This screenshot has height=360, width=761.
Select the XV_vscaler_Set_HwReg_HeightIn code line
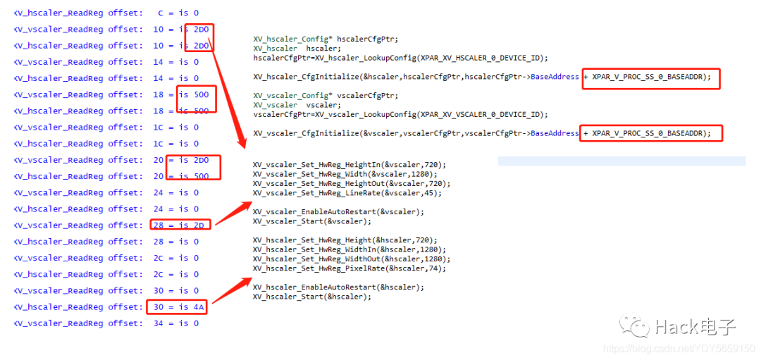tap(349, 164)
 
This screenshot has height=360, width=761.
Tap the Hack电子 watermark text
tap(695, 327)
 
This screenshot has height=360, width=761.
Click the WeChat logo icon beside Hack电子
tap(634, 326)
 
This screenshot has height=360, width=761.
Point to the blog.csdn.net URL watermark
tap(680, 349)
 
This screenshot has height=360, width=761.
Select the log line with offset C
tap(106, 13)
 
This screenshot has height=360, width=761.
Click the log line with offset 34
tap(106, 323)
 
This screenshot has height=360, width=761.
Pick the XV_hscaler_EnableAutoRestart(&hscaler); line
tap(339, 287)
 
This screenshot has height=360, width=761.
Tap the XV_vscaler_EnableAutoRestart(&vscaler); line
tap(339, 211)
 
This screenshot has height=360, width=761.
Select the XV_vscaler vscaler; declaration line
tap(296, 105)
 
